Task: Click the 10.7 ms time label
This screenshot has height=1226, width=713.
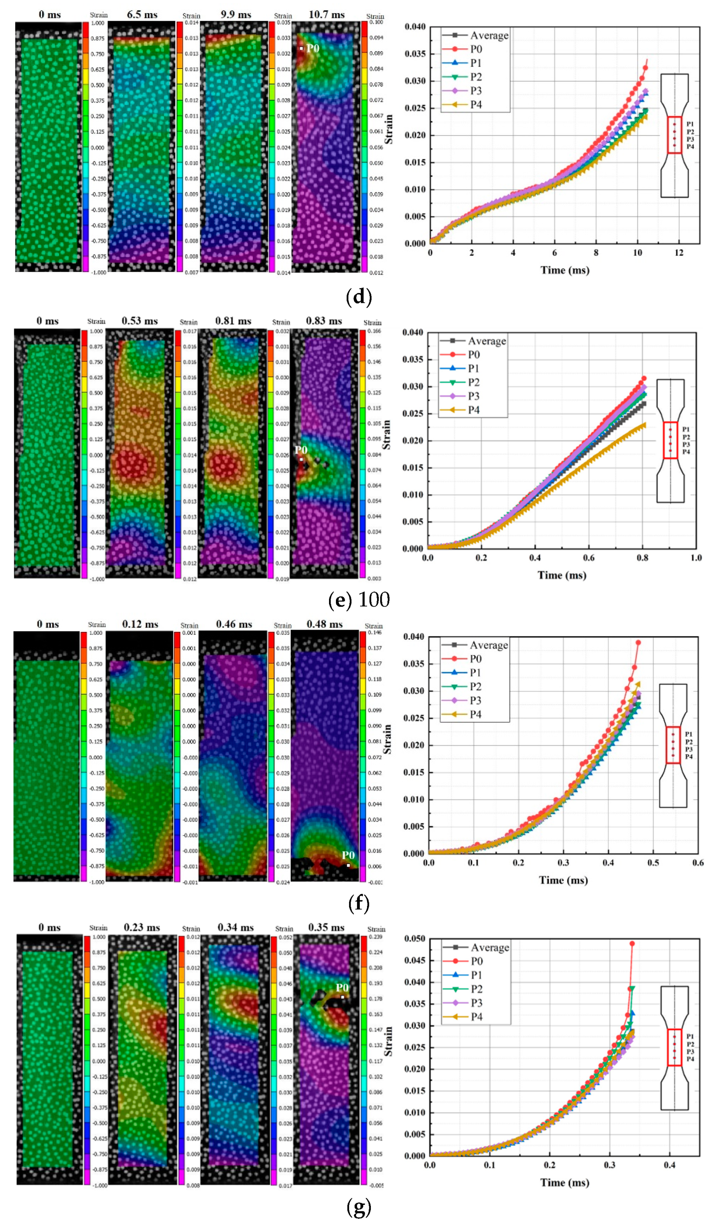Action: click(326, 15)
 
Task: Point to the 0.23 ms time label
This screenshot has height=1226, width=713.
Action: click(142, 927)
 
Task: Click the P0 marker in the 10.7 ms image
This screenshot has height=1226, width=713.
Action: click(301, 48)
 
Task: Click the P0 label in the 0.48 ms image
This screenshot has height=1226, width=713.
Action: click(348, 855)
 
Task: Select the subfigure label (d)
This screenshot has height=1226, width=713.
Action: click(359, 296)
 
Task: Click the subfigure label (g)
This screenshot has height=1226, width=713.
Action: click(359, 1206)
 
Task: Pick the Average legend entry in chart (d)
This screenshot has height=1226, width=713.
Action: click(489, 35)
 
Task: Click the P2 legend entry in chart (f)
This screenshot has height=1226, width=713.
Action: click(475, 687)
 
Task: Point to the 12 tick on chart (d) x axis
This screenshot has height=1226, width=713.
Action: click(679, 253)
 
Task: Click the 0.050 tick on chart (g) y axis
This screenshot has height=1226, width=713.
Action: click(415, 938)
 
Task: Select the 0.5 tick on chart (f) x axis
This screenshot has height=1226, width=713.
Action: click(653, 863)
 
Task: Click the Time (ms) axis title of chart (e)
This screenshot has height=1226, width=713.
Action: click(562, 575)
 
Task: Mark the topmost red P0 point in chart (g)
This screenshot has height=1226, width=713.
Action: click(632, 943)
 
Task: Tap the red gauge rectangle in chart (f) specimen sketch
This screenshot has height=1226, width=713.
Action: click(673, 745)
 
